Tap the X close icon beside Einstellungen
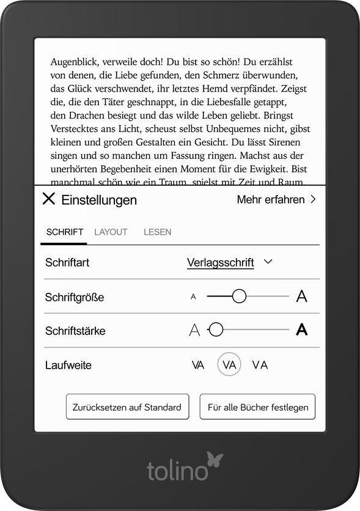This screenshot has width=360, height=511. pos(48,199)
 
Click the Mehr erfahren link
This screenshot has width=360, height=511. pos(276,199)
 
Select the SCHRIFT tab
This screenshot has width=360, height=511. pos(64,232)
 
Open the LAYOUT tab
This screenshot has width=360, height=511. pos(111,232)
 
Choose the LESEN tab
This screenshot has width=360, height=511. pos(157,232)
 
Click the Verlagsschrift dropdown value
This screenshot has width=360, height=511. pos(220,263)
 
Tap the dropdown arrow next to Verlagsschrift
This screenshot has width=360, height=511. pos(267,262)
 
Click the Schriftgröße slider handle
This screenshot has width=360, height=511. pos(239,296)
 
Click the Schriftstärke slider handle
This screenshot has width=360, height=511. pos(215,330)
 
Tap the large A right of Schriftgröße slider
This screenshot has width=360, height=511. pos(301,296)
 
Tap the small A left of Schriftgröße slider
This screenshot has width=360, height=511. pos(193,297)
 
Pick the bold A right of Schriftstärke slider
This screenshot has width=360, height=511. pos(301,330)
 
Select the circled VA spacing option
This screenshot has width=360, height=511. pos(229,365)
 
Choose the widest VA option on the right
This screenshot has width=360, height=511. pos(260,365)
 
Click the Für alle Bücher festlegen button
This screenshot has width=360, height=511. pos(257,407)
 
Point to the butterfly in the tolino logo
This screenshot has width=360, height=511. pos(215,459)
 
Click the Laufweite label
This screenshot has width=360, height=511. pos(68,366)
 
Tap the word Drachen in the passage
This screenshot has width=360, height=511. pos(84,115)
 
